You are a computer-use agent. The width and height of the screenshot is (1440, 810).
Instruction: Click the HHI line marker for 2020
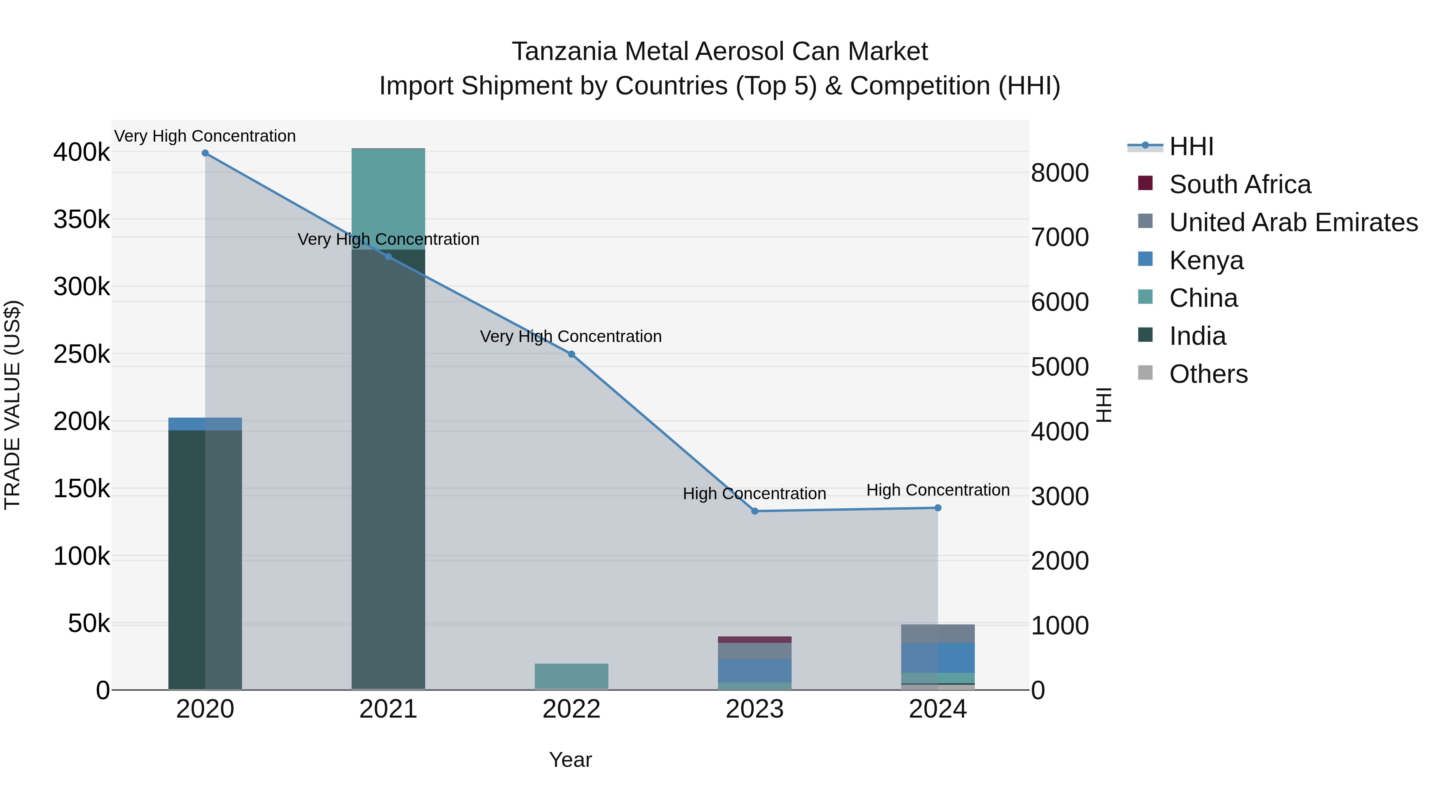click(x=205, y=153)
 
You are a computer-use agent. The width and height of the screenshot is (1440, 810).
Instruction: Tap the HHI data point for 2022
click(x=571, y=354)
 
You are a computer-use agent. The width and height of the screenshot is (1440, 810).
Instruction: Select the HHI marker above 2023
click(x=755, y=511)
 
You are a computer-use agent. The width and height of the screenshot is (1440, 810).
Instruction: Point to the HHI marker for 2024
click(x=938, y=508)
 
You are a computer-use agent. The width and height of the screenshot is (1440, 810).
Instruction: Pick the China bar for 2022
click(x=571, y=676)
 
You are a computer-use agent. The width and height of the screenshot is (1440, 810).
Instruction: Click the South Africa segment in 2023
click(x=755, y=640)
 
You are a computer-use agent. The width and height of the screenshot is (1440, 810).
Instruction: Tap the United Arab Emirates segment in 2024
click(x=938, y=634)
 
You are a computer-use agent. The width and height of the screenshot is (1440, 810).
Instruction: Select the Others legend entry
click(x=1208, y=374)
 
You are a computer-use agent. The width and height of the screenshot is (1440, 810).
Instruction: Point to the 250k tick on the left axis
click(x=82, y=354)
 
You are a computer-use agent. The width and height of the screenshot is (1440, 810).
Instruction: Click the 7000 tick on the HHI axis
click(x=1060, y=238)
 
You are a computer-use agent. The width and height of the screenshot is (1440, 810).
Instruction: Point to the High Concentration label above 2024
click(x=938, y=490)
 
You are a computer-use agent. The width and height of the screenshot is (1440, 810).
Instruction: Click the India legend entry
click(x=1197, y=336)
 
